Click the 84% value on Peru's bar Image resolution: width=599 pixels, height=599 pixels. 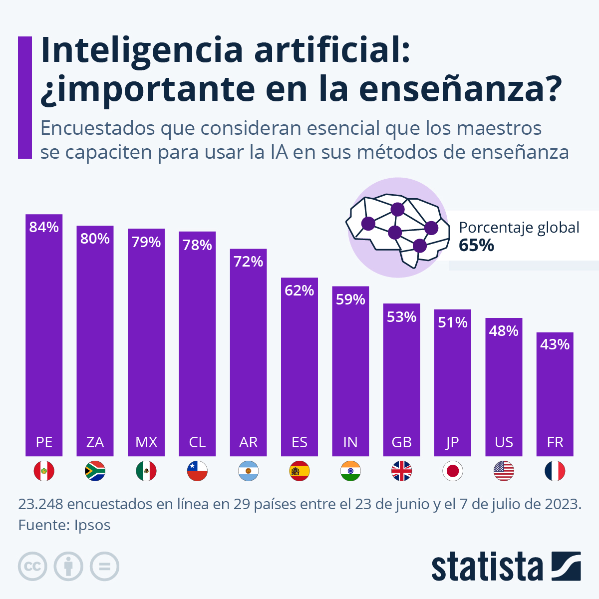tap(44, 228)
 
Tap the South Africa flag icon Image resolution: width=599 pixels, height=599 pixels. tap(95, 471)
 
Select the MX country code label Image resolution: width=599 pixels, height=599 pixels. tap(146, 442)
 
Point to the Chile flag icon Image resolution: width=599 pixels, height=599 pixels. tap(197, 471)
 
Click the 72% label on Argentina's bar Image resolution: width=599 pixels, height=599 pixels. tap(248, 262)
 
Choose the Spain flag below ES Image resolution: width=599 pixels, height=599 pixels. tap(299, 471)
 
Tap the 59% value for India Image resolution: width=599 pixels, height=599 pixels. tap(350, 299)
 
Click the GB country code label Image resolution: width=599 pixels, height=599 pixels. tap(401, 442)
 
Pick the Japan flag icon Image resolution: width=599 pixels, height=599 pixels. tap(453, 471)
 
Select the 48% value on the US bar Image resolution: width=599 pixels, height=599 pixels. tap(504, 331)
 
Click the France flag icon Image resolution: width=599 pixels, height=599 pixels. tap(555, 471)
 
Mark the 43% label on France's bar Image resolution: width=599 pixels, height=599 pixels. tap(555, 344)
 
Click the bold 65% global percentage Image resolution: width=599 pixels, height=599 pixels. tap(476, 246)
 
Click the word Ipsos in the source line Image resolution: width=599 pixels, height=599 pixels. tap(92, 525)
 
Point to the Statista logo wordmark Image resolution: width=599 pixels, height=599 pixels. tap(487, 567)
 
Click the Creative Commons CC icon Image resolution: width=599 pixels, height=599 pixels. tap(32, 567)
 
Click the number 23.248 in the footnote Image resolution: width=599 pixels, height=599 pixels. tap(41, 504)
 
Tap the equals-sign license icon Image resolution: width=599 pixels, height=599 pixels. tap(104, 567)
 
